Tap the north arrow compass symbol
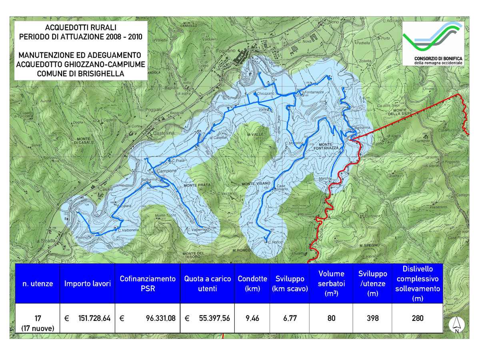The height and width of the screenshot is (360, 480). tap(456, 325)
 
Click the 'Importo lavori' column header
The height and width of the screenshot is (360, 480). tap(88, 284)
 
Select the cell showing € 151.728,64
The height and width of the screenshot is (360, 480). tap(88, 318)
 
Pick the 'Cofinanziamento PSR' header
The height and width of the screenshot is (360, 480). tap(148, 284)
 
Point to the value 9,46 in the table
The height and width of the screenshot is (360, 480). tap(249, 318)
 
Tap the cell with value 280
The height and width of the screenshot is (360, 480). tap(418, 318)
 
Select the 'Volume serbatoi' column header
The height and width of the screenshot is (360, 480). tap(331, 284)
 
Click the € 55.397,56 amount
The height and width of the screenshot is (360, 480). tap(207, 318)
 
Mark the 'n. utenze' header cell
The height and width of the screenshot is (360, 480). tap(38, 284)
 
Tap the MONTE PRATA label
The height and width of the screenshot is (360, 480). tap(197, 186)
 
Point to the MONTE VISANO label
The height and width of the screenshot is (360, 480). tap(256, 183)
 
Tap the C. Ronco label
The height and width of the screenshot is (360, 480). tap(275, 242)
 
